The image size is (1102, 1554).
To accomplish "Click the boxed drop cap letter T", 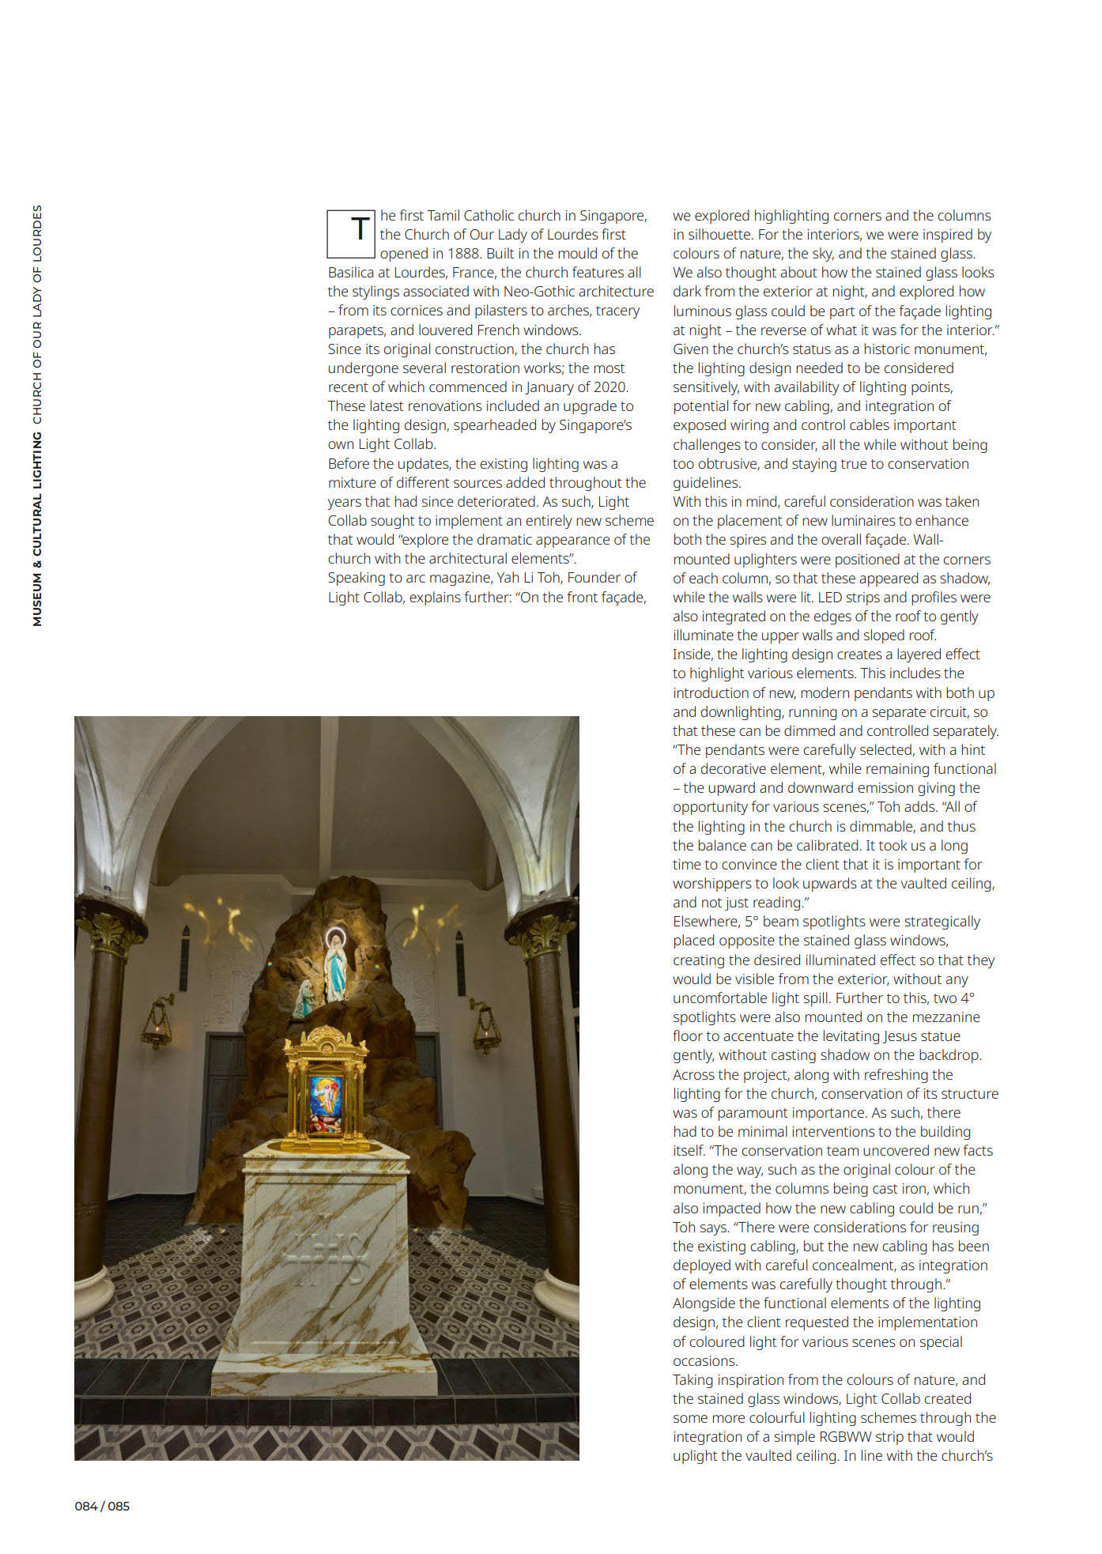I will [x=351, y=234].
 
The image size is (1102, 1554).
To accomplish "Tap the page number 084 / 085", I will [x=102, y=1506].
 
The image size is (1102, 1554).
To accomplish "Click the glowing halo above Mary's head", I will [x=336, y=938].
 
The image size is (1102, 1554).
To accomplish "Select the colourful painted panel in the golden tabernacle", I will [x=326, y=1103].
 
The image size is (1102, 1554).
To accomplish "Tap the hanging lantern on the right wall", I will [x=486, y=1028].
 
